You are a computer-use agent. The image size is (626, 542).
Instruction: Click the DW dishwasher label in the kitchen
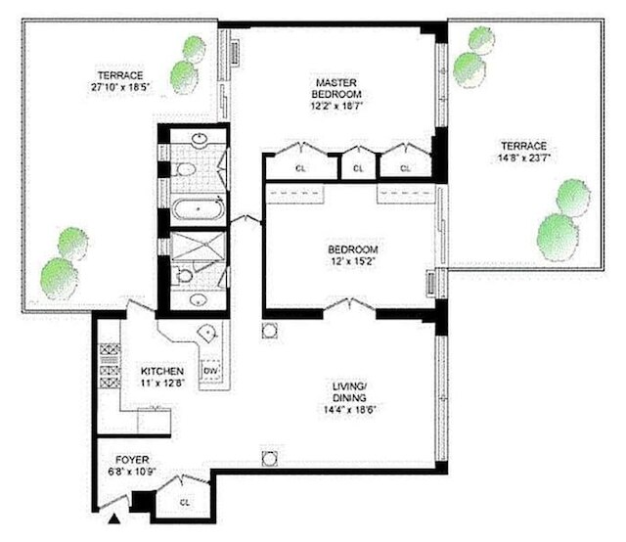210,371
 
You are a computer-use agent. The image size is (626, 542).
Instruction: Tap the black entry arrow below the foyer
114,519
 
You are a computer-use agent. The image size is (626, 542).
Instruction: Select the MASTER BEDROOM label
336,88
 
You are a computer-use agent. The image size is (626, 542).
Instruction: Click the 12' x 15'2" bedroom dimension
352,261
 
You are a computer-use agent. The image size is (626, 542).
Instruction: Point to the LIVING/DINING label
349,391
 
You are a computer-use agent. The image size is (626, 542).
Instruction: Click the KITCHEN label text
162,371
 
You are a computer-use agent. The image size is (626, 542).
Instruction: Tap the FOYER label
132,460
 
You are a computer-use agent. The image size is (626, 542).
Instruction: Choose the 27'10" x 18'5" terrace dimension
120,87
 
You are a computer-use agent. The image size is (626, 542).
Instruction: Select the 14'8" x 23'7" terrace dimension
524,158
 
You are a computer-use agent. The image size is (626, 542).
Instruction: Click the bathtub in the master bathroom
198,208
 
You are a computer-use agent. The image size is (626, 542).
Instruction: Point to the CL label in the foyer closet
185,503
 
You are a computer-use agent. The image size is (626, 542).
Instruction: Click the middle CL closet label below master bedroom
358,168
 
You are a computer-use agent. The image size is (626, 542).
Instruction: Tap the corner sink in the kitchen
208,331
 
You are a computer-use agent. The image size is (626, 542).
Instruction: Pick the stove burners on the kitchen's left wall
110,366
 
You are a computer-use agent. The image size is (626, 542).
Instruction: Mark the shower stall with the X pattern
198,246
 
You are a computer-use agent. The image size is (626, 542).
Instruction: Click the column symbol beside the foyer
270,459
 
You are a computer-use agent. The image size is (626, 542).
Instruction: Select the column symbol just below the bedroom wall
270,331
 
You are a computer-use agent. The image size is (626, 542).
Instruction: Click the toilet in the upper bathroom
185,170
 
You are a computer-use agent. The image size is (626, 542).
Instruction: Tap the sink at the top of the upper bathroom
199,139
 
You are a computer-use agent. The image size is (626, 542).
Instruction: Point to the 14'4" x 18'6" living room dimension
350,409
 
